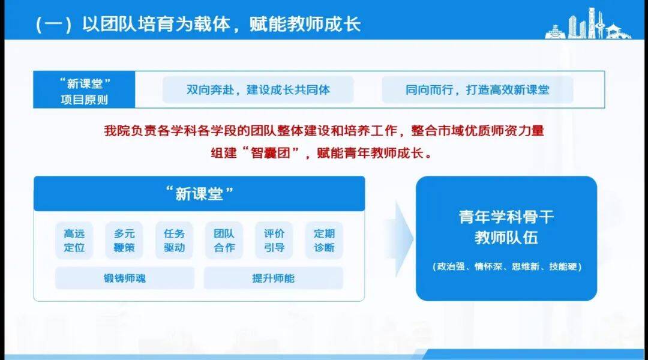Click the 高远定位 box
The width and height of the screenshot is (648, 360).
click(74, 241)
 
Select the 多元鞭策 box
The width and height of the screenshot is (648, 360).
click(124, 241)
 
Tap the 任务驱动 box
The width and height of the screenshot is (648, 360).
click(174, 241)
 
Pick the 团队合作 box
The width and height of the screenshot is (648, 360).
click(224, 241)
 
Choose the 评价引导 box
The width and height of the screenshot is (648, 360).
click(274, 241)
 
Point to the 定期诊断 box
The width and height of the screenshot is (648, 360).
click(324, 241)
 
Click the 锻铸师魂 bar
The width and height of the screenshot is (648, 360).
click(125, 278)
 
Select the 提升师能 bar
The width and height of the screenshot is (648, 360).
click(273, 278)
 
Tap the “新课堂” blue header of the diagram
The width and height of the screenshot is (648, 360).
click(199, 193)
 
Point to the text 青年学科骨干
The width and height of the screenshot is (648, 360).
click(506, 217)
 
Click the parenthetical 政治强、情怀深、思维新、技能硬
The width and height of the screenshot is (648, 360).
click(507, 266)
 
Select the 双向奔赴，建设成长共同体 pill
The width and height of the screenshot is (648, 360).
click(258, 89)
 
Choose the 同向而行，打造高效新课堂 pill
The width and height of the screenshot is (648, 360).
click(478, 89)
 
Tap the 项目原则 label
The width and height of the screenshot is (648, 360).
click(85, 100)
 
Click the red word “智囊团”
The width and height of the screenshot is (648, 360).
click(270, 154)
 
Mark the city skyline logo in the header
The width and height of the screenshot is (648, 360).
click(587, 24)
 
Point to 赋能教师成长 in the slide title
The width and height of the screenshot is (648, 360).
click(305, 25)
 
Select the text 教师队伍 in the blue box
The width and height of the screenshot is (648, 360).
click(506, 238)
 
